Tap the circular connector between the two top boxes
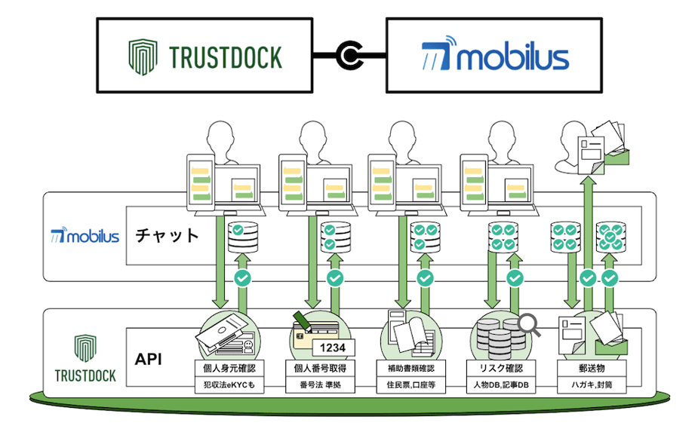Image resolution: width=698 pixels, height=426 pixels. (x=349, y=56)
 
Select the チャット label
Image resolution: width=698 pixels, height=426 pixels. (x=168, y=235)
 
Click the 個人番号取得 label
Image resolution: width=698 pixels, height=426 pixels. (x=318, y=369)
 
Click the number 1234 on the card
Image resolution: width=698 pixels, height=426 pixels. (x=334, y=348)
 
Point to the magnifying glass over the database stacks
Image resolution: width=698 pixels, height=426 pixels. (x=532, y=325)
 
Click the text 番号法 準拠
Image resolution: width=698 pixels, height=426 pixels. (x=318, y=385)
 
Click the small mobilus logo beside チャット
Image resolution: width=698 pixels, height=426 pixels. (x=85, y=236)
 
